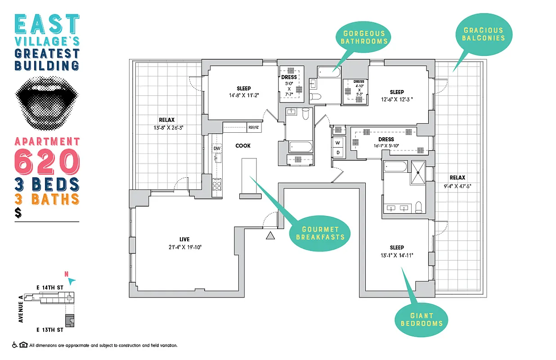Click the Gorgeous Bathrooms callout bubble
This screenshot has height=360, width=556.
pyautogui.click(x=364, y=37)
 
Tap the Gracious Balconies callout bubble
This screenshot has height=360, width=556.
pyautogui.click(x=483, y=34)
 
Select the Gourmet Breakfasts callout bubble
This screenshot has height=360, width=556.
pyautogui.click(x=320, y=233)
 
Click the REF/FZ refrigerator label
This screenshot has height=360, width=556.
pyautogui.click(x=254, y=127)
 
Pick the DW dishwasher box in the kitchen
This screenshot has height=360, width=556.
pyautogui.click(x=217, y=148)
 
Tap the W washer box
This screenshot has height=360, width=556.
pyautogui.click(x=338, y=143)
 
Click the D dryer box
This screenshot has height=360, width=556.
pyautogui.click(x=338, y=153)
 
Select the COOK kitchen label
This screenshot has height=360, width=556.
pyautogui.click(x=243, y=146)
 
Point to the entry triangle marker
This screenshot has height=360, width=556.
pyautogui.click(x=270, y=235)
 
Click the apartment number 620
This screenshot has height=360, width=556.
pyautogui.click(x=47, y=162)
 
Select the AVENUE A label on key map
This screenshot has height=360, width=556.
pyautogui.click(x=21, y=308)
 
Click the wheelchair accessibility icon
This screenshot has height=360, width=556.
pyautogui.click(x=14, y=345)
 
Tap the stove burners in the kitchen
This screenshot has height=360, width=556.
pyautogui.click(x=217, y=184)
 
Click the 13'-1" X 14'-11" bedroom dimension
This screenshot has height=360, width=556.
pyautogui.click(x=397, y=255)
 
